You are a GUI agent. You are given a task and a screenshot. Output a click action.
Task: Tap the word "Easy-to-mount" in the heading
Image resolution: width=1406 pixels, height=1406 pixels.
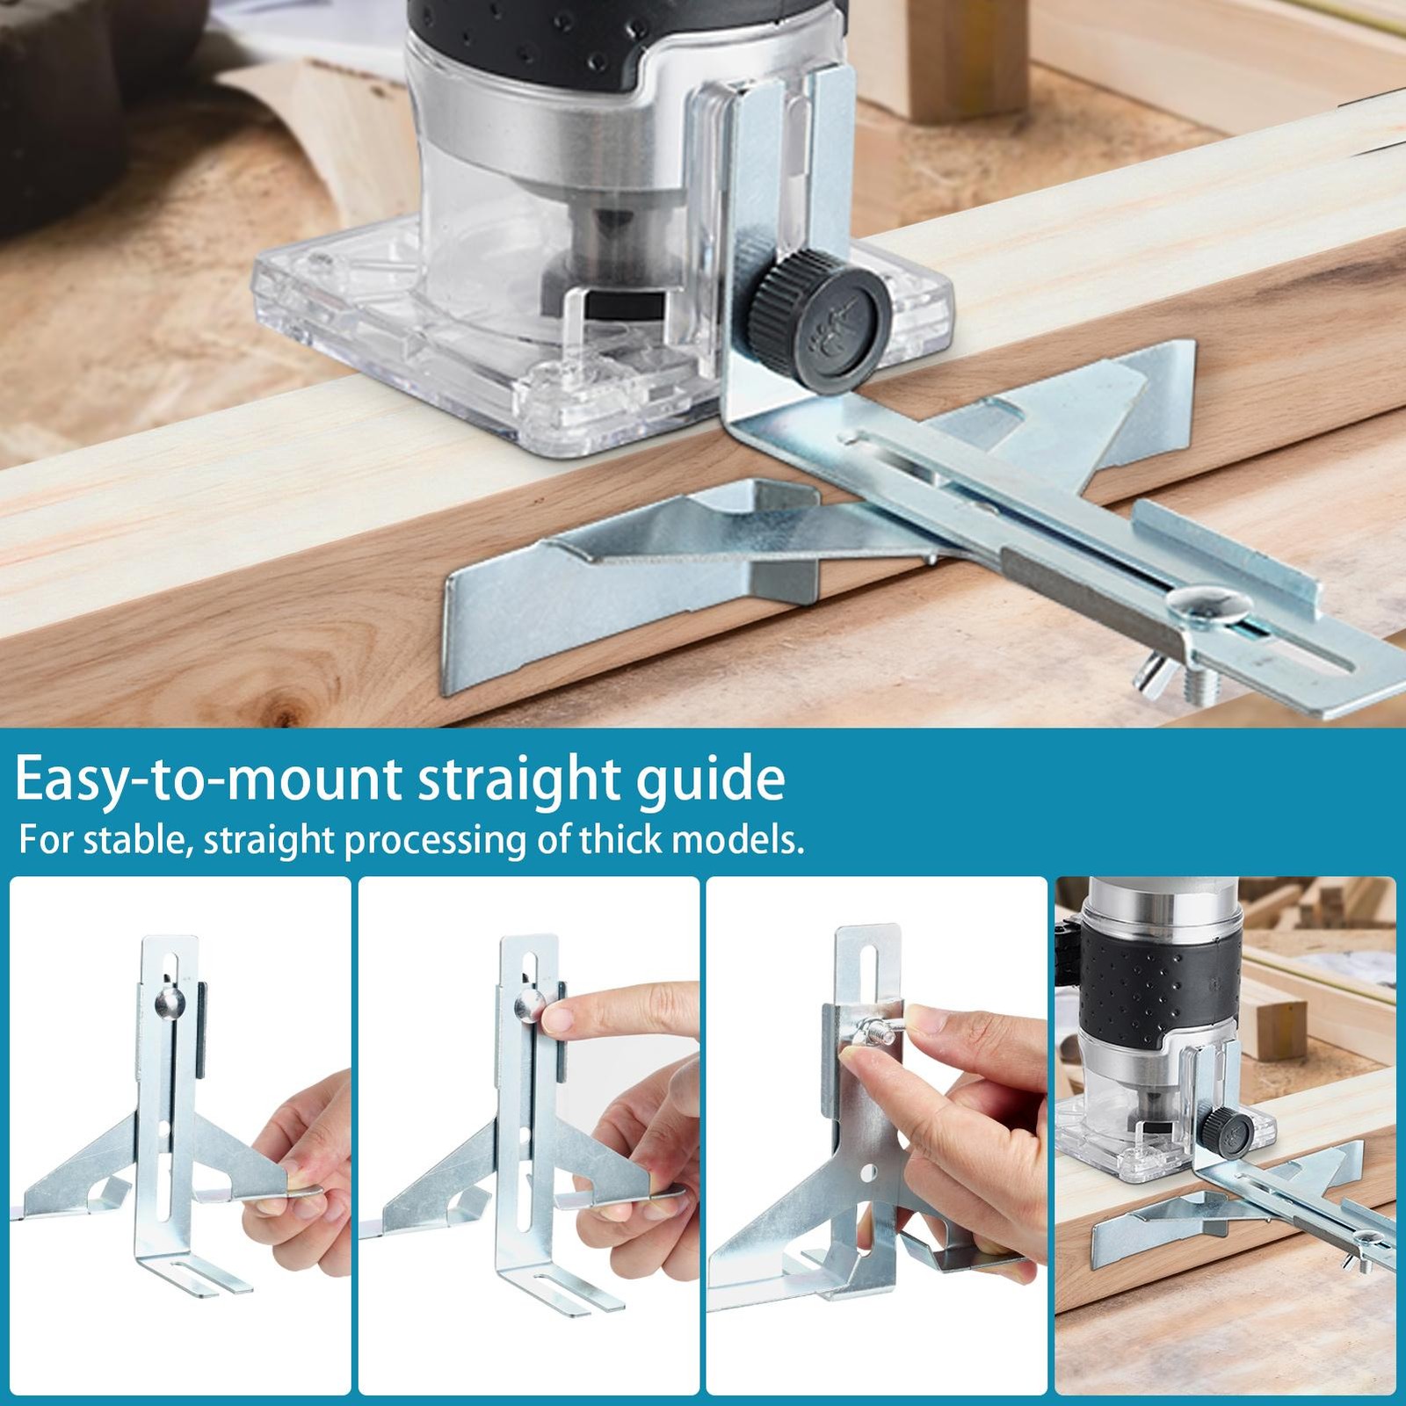pyautogui.click(x=207, y=779)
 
